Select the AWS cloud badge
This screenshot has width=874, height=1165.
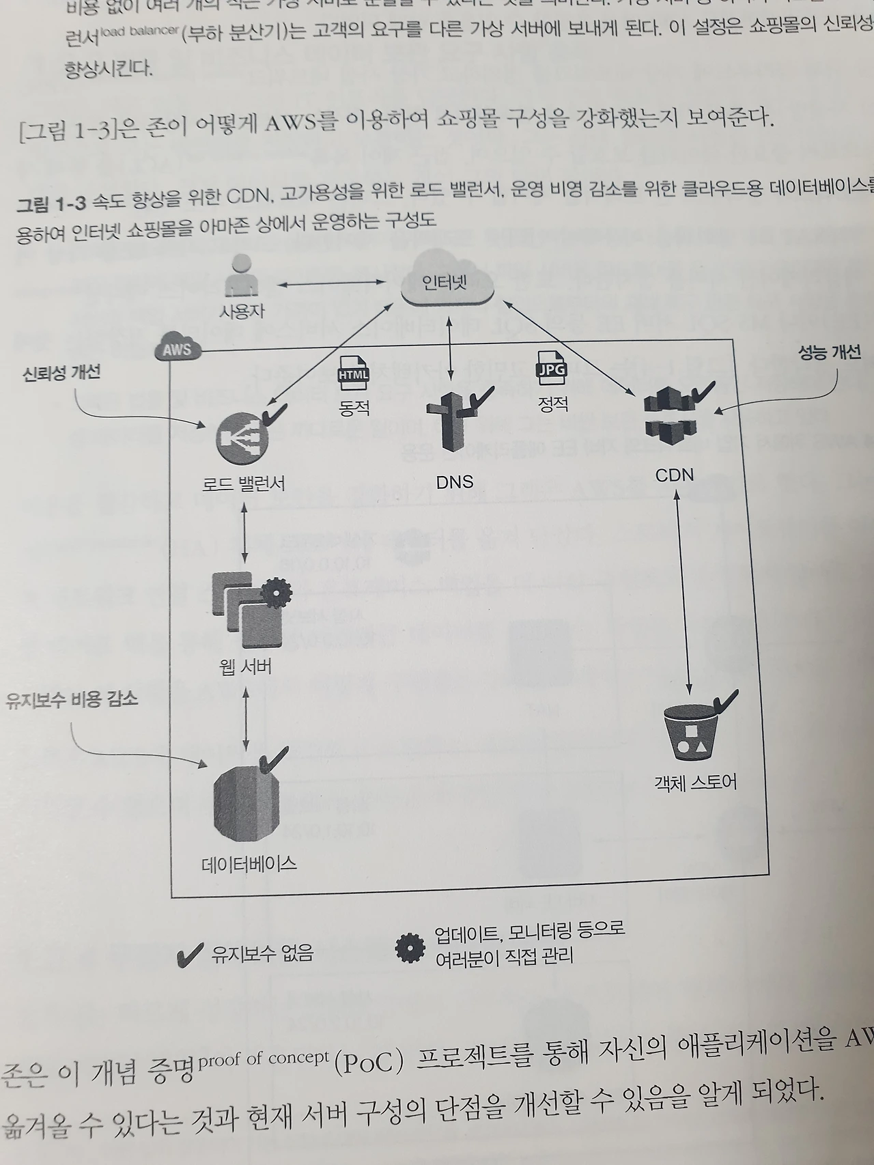click(x=178, y=349)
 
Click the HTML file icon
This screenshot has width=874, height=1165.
click(x=354, y=375)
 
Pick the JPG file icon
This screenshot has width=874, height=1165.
click(x=551, y=371)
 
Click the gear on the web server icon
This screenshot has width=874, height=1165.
click(x=276, y=593)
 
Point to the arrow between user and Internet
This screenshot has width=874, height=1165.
click(x=331, y=283)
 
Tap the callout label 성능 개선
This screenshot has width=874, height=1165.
click(x=829, y=352)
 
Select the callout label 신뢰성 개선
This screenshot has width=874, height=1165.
click(x=61, y=372)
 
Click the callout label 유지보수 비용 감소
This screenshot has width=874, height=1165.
click(x=72, y=699)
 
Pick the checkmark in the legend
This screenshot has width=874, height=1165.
click(x=189, y=955)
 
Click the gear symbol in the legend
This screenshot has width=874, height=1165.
click(x=410, y=946)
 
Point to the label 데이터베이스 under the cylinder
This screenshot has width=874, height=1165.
click(x=249, y=864)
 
